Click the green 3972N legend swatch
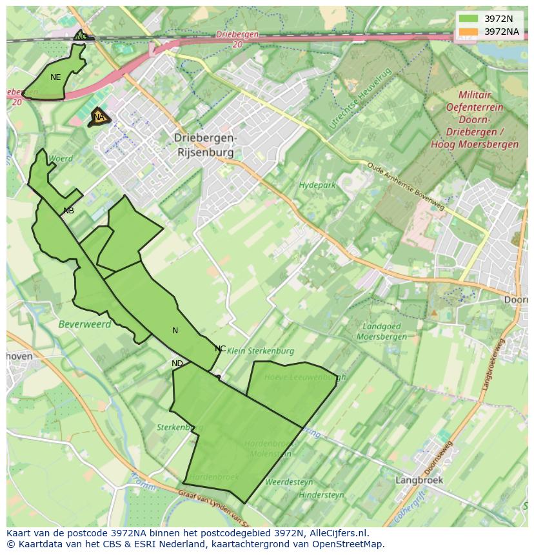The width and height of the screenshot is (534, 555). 469,19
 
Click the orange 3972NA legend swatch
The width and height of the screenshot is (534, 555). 469,32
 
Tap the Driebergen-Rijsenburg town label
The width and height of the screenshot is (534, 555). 206,145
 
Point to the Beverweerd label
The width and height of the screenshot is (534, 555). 84,324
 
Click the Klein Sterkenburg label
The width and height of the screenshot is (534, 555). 261,351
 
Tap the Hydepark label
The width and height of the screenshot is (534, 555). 317,185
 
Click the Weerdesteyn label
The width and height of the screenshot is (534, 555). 289,482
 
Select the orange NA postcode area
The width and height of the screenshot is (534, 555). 98,117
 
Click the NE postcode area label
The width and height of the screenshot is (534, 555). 55,77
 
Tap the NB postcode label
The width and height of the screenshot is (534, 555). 68,211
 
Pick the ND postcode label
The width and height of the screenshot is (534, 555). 177,364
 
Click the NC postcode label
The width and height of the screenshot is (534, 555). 220,349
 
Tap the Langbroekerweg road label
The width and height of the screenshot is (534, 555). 493,364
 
